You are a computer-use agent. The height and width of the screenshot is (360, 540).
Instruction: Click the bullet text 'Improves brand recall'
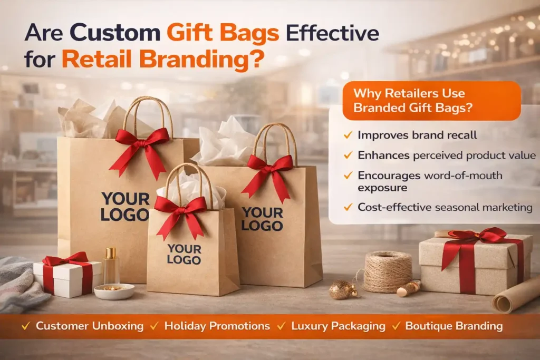417,135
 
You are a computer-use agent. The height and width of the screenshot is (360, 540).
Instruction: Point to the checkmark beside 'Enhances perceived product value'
348,155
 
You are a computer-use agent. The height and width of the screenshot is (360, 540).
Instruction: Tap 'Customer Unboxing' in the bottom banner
89,326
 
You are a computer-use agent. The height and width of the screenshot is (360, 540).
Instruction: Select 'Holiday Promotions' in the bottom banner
217,326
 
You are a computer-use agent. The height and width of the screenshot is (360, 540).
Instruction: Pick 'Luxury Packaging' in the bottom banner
338,326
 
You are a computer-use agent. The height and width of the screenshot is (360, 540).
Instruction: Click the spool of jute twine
388,270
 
